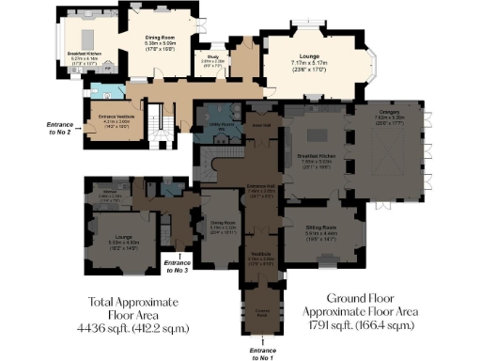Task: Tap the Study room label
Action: pyautogui.click(x=213, y=56)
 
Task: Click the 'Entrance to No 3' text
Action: pyautogui.click(x=176, y=266)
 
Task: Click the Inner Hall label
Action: pyautogui.click(x=263, y=124)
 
